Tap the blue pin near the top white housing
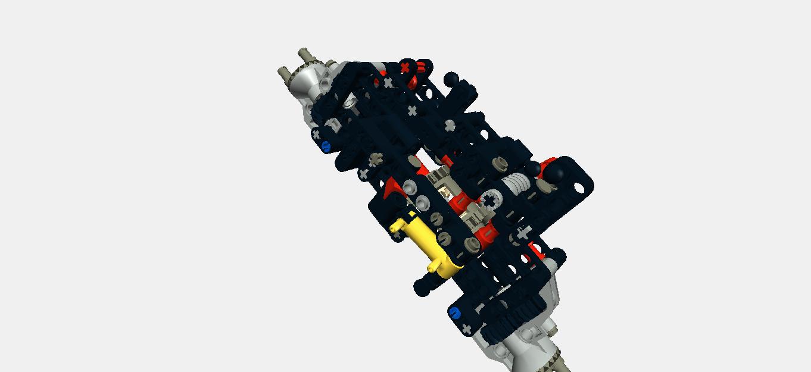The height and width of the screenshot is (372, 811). tap(326, 145)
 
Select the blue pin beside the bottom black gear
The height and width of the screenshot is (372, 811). tap(455, 313)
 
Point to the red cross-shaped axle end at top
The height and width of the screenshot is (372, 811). tap(406, 67)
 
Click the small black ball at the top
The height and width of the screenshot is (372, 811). tap(451, 78)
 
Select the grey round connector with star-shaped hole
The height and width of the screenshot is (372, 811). tap(489, 201)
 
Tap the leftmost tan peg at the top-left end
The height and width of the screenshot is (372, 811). tap(283, 74)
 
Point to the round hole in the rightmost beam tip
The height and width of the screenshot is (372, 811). tap(578, 188)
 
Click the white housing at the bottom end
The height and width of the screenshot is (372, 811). tap(524, 345)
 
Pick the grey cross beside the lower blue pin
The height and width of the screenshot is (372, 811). tap(466, 329)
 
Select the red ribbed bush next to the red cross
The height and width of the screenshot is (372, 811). tap(423, 67)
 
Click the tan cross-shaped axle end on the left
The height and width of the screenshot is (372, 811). tap(375, 160)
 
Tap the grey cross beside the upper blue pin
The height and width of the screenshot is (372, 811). tap(316, 135)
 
